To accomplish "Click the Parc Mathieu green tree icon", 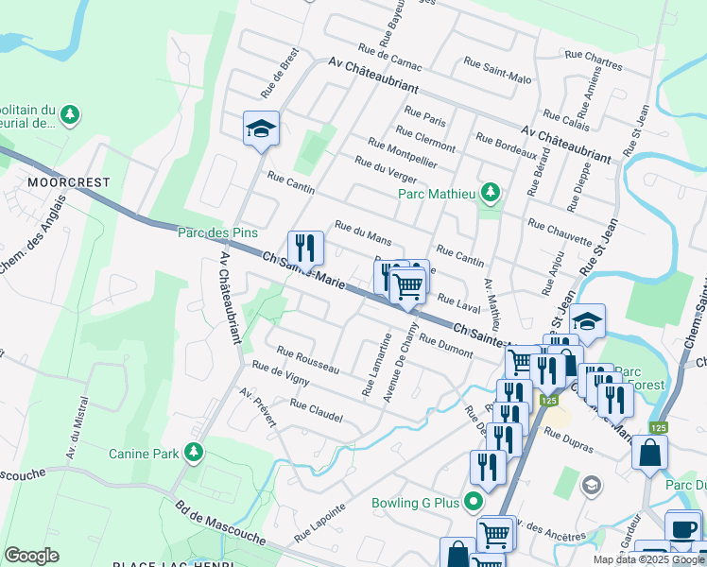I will coord(489,194).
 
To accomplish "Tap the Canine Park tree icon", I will coord(194,453).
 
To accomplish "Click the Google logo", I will coord(31,556).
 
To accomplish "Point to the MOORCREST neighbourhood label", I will coord(69,181).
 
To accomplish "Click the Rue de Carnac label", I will coord(389,56).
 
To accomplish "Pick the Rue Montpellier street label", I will coord(402,152).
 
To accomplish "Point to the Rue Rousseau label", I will coord(307,360).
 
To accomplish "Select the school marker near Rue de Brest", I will coord(261,129).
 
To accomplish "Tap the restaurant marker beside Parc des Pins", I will coord(305,249).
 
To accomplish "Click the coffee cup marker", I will coord(682,527).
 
